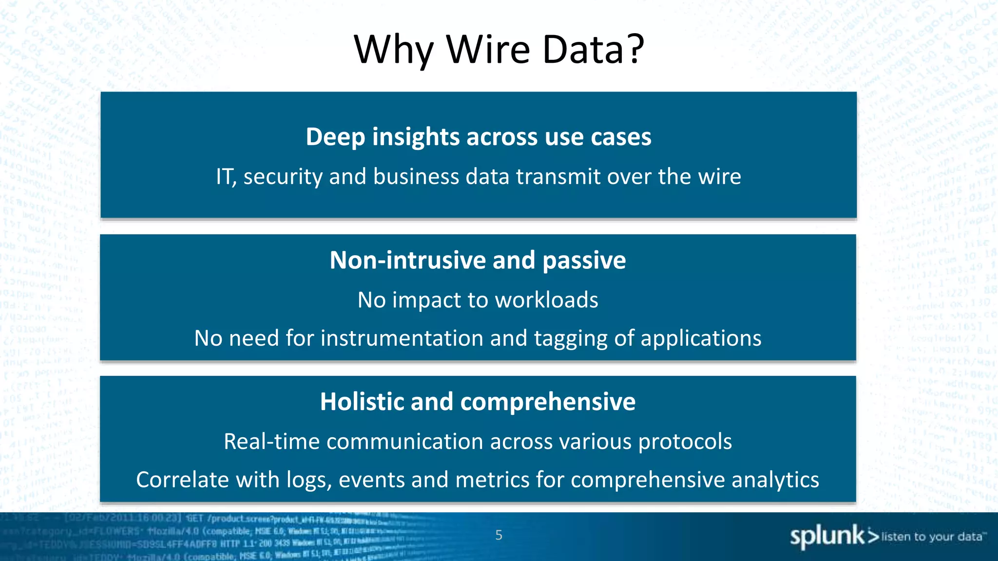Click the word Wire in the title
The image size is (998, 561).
coord(488,49)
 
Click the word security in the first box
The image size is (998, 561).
coord(283,176)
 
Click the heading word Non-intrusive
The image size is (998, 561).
coord(407,260)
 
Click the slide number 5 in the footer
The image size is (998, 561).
coord(499,535)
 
